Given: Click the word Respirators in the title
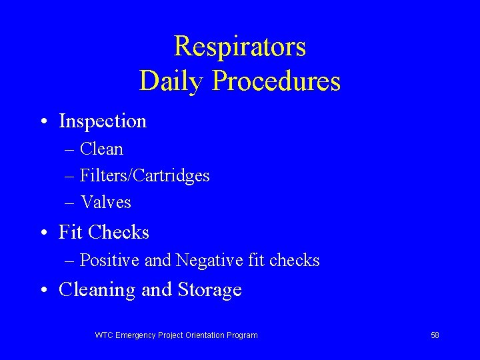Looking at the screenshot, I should pos(240,47).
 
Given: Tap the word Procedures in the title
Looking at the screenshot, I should pos(277,81).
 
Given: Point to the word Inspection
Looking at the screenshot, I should pos(103,121).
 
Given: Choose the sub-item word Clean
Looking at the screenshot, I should pos(101,149).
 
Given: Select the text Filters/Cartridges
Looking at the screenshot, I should pos(145,175).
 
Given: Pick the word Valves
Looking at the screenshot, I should pos(105,202).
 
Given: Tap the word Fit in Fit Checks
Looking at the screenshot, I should pos(71,232).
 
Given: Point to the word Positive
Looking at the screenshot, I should pos(110,260).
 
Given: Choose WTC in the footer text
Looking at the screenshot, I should pos(104,335).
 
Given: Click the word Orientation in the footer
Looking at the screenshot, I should pos(201,335).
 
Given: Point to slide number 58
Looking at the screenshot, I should pos(435,335).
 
